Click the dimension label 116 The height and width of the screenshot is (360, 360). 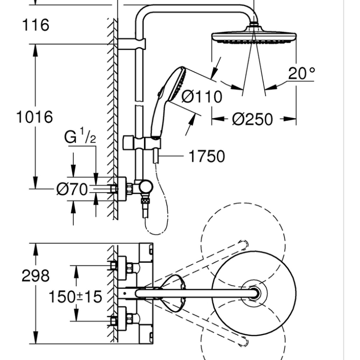coord(36,25)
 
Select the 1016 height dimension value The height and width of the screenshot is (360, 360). coord(35,117)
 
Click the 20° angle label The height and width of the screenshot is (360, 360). coord(302,73)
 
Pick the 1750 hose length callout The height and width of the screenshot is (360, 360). coord(206,157)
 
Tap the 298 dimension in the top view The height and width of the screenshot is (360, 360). coord(36,276)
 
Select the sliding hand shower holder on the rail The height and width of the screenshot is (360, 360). coord(140,143)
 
